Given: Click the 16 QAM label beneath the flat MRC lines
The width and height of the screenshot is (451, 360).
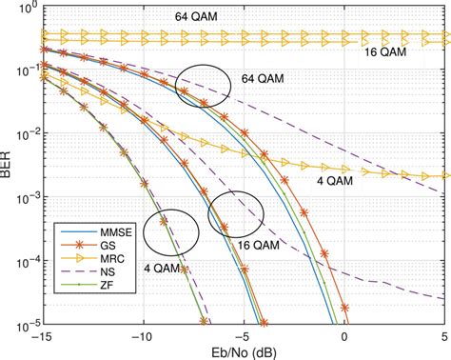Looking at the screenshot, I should point(385,53).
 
